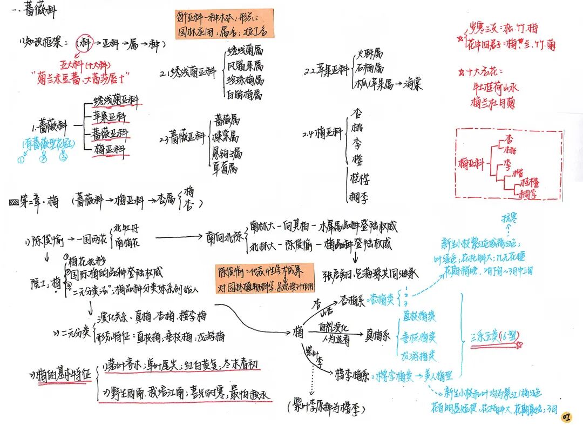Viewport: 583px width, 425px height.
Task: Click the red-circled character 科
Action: coord(83,42)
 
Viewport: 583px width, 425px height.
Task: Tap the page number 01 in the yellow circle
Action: coord(566,416)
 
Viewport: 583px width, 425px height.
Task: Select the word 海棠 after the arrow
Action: coord(412,84)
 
